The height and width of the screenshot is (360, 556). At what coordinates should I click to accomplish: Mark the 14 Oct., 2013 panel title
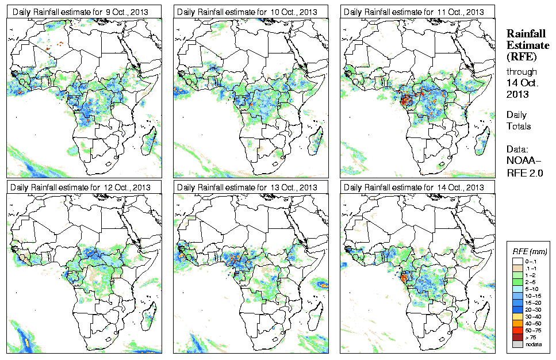pyautogui.click(x=411, y=187)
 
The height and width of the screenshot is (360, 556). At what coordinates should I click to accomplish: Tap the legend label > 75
pyautogui.click(x=528, y=338)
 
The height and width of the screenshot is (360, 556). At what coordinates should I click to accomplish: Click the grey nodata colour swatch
pyautogui.click(x=517, y=344)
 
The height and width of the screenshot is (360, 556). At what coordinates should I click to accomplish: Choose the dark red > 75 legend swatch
pyautogui.click(x=517, y=338)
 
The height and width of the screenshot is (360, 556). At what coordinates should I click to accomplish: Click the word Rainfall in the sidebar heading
pyautogui.click(x=525, y=34)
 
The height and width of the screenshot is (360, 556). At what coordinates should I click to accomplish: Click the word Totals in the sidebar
pyautogui.click(x=519, y=126)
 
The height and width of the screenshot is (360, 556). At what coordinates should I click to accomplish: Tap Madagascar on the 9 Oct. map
pyautogui.click(x=151, y=141)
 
